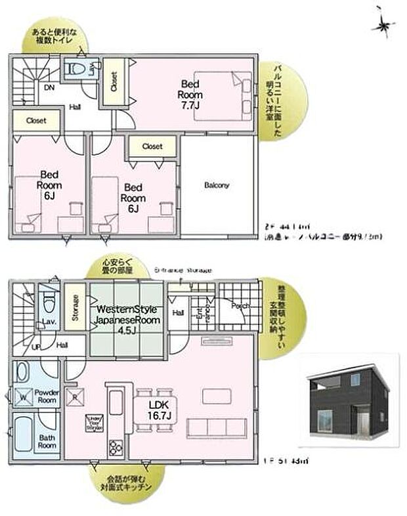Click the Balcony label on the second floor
tap(216, 185)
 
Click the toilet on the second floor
tap(77, 68)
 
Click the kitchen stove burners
tap(116, 447)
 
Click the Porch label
tap(239, 305)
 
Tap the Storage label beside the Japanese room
tap(75, 308)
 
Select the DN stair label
tap(49, 87)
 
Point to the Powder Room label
tap(48, 397)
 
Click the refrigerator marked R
tap(74, 397)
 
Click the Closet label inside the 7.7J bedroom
tap(112, 81)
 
